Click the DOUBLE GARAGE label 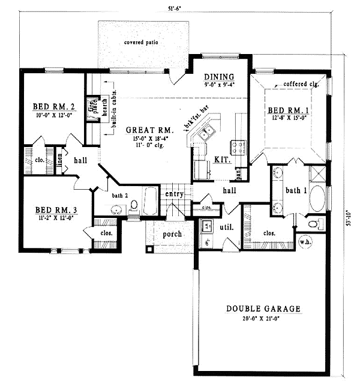pos(263,309)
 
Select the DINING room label pos(218,77)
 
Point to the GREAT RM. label pos(149,130)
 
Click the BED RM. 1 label pos(289,110)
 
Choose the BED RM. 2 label pos(53,107)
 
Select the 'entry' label pos(175,194)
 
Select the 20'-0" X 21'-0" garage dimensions pos(263,319)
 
